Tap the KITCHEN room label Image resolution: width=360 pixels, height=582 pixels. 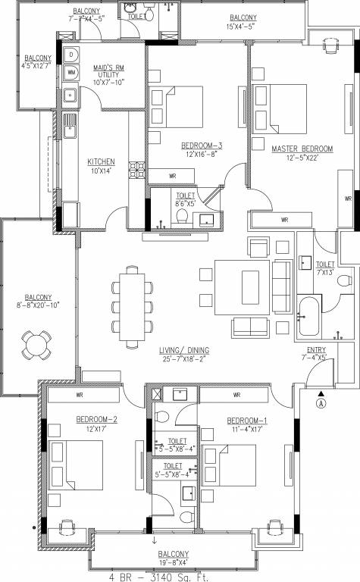(x=101, y=161)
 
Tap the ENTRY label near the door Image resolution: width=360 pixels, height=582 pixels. (x=314, y=349)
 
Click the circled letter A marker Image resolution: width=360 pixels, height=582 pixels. (x=321, y=403)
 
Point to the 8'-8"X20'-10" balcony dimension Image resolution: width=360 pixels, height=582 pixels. (x=37, y=306)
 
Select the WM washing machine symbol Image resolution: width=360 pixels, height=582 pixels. (x=71, y=73)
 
